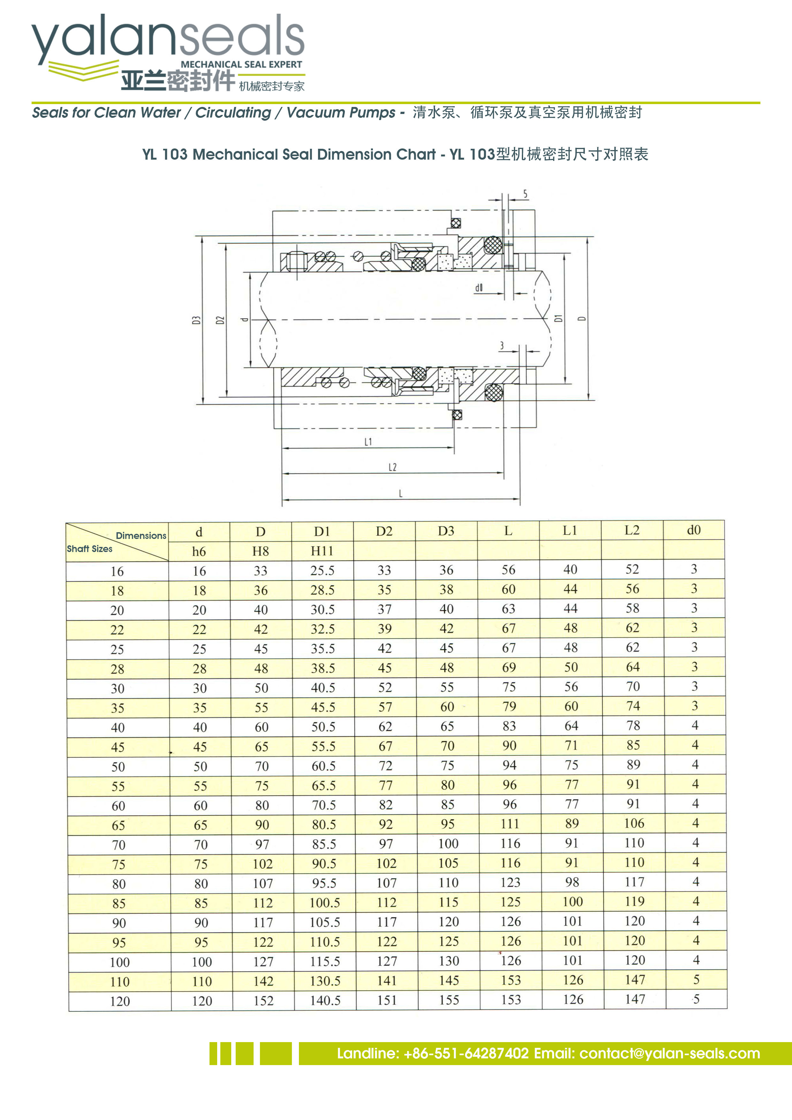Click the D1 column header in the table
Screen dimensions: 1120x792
click(322, 531)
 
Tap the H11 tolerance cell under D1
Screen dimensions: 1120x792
click(322, 551)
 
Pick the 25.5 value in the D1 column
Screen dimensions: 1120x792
click(322, 570)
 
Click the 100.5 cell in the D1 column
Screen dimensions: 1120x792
click(324, 903)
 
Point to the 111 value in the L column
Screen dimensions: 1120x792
click(510, 824)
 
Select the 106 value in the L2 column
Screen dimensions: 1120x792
click(634, 823)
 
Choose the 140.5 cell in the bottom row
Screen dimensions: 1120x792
click(325, 1001)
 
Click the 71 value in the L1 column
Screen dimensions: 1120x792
click(571, 745)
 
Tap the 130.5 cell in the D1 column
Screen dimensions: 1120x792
click(325, 981)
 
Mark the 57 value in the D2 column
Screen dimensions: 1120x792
click(385, 707)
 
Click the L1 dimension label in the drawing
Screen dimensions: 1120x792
click(368, 442)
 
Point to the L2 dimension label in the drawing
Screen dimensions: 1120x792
click(392, 467)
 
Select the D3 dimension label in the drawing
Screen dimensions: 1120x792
click(196, 320)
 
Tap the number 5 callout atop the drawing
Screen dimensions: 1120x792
click(525, 194)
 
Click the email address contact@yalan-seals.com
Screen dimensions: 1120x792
click(669, 1054)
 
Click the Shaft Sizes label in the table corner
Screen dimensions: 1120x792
click(90, 549)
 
